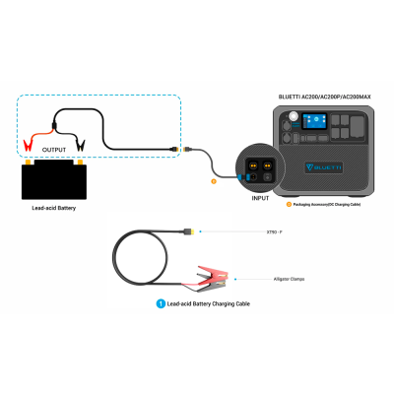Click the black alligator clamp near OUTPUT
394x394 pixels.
point(82,145)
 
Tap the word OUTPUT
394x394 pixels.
point(54,151)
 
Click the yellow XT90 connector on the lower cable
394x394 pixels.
point(189,232)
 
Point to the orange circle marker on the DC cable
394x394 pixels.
point(214,180)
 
